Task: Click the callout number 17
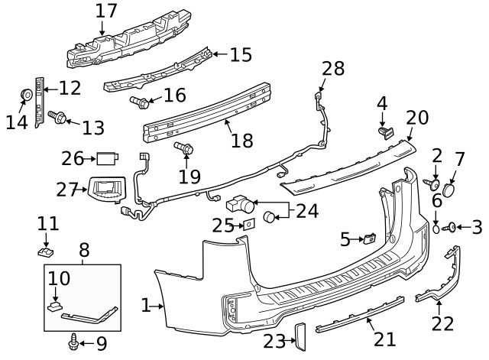pyautogui.click(x=106, y=11)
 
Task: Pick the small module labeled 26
pyautogui.click(x=105, y=158)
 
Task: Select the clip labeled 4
pyautogui.click(x=385, y=131)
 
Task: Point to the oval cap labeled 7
pyautogui.click(x=450, y=187)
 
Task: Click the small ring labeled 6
pyautogui.click(x=436, y=228)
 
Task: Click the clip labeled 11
pyautogui.click(x=47, y=250)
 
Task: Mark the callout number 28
pyautogui.click(x=333, y=70)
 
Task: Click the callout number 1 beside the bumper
pyautogui.click(x=145, y=306)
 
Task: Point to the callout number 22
pyautogui.click(x=442, y=324)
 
